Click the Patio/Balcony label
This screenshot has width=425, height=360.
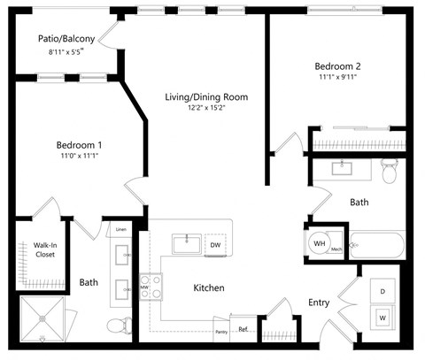coord(66,39)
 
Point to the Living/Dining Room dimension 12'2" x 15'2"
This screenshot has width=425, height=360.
coord(206,109)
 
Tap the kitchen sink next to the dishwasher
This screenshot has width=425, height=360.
coord(187,244)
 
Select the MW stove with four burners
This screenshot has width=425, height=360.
coord(151,286)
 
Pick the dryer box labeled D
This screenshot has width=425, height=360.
coord(384,291)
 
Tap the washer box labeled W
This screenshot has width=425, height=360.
coord(384,317)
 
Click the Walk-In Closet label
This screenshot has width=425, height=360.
coord(45,249)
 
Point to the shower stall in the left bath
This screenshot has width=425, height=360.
coord(43,319)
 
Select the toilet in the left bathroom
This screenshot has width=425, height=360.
coord(117,326)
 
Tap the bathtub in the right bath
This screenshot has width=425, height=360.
coord(376,244)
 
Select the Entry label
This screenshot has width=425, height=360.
coord(319,303)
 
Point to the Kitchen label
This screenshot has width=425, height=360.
coord(209,287)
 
